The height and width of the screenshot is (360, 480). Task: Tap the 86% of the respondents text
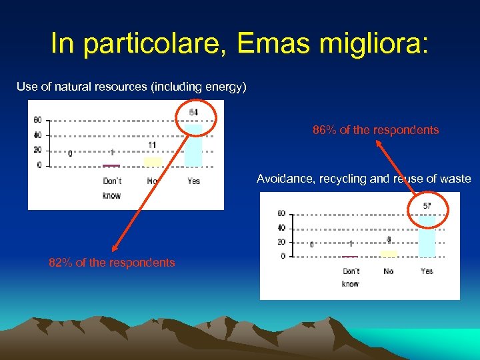pyautogui.click(x=376, y=130)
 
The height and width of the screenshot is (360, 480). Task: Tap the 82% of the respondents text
pyautogui.click(x=112, y=263)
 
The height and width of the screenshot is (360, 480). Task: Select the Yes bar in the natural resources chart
pyautogui.click(x=193, y=145)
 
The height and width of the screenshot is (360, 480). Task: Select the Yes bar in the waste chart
pyautogui.click(x=427, y=235)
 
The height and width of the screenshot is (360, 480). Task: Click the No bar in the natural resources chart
pyautogui.click(x=153, y=161)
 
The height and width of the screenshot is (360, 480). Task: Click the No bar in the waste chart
pyautogui.click(x=389, y=253)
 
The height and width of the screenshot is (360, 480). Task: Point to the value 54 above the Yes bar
pyautogui.click(x=193, y=112)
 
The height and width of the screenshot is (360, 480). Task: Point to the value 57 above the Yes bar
pyautogui.click(x=427, y=206)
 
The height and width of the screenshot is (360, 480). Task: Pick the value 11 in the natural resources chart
pyautogui.click(x=153, y=145)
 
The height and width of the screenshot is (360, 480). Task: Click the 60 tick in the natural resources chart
pyautogui.click(x=38, y=120)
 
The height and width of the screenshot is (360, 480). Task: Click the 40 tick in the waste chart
pyautogui.click(x=281, y=228)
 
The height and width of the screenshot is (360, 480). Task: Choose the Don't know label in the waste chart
pyautogui.click(x=351, y=277)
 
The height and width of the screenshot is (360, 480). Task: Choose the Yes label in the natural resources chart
pyautogui.click(x=193, y=181)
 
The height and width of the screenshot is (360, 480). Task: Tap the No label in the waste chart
pyautogui.click(x=389, y=271)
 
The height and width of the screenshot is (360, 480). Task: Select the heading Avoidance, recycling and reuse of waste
pyautogui.click(x=364, y=179)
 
